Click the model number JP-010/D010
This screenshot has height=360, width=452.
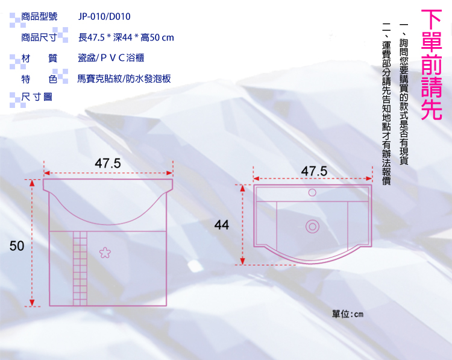point(104,16)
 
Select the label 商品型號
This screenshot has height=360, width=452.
point(39,16)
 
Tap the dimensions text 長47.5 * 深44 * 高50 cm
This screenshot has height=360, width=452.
point(126,37)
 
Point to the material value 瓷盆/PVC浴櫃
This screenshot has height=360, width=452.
point(111,58)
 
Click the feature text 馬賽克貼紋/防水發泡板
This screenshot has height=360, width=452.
point(124,78)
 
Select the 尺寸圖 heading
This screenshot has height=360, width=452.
point(37,97)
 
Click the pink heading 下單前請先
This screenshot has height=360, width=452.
point(432,65)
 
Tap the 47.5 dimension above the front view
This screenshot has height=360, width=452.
point(108,163)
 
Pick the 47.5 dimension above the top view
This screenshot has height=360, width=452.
point(314,171)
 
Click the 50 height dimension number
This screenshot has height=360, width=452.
point(17,246)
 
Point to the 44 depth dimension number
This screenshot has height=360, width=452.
point(222,225)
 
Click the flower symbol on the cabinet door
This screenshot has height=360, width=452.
point(105,253)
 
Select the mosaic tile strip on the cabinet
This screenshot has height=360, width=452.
point(80,268)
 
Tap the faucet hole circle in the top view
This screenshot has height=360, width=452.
point(312,192)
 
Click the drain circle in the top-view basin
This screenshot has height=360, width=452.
point(312,227)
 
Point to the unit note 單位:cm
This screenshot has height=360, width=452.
point(348,314)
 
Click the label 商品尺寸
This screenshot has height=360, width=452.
point(39,37)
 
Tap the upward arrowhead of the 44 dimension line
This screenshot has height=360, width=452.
point(242,188)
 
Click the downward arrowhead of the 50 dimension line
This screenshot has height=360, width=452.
point(32,303)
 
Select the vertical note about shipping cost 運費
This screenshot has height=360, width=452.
point(386,104)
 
